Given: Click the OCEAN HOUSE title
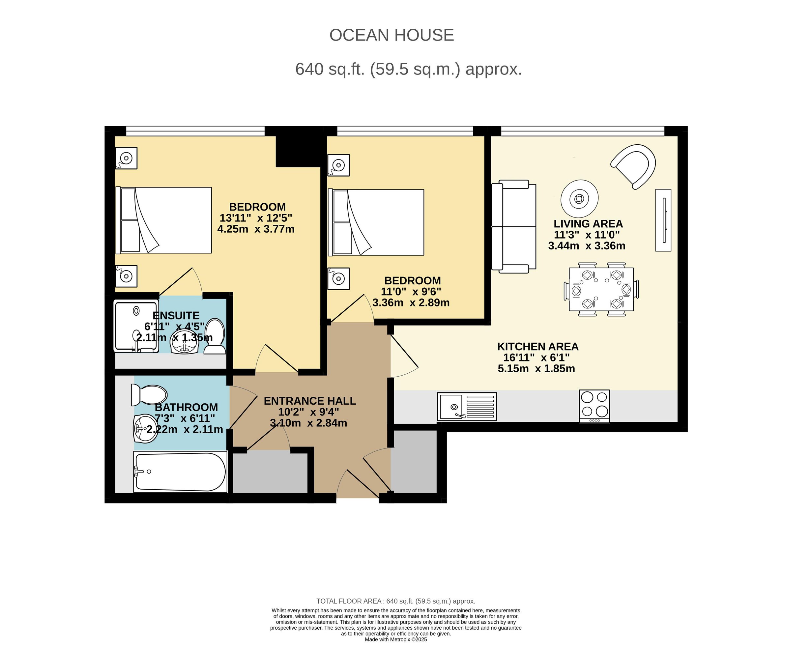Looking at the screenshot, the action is pyautogui.click(x=391, y=35).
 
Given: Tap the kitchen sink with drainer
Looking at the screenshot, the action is pyautogui.click(x=467, y=407).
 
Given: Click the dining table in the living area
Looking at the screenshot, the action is pyautogui.click(x=601, y=289).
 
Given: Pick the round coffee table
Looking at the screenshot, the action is pyautogui.click(x=579, y=199).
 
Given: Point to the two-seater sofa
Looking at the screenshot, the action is pyautogui.click(x=514, y=227).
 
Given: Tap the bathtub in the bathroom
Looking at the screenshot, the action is pyautogui.click(x=180, y=472).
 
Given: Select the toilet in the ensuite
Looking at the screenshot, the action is pyautogui.click(x=215, y=336).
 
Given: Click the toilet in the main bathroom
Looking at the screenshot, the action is pyautogui.click(x=149, y=394).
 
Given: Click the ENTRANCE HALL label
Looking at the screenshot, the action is pyautogui.click(x=310, y=401).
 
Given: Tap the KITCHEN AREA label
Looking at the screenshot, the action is pyautogui.click(x=537, y=347).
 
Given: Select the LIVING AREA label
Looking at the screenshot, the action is pyautogui.click(x=588, y=224).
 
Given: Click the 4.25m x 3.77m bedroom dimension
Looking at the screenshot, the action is pyautogui.click(x=256, y=229).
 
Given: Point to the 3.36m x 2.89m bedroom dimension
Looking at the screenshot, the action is pyautogui.click(x=411, y=303).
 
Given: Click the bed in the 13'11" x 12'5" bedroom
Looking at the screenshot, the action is pyautogui.click(x=164, y=220).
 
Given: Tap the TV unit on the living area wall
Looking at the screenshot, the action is pyautogui.click(x=663, y=220).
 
